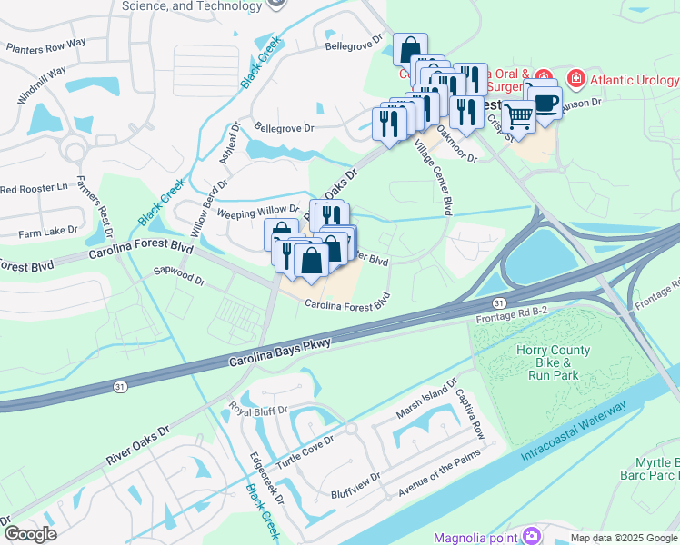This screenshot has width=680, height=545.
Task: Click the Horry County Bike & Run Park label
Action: (x=553, y=362)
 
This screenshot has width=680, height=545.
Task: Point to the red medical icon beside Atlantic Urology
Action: (x=575, y=80)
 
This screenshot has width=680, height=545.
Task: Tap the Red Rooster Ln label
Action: (x=35, y=189)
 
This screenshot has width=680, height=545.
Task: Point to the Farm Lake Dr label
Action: (x=47, y=233)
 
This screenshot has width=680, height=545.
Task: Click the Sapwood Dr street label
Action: (x=179, y=275)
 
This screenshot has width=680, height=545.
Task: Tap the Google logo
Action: (x=31, y=534)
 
